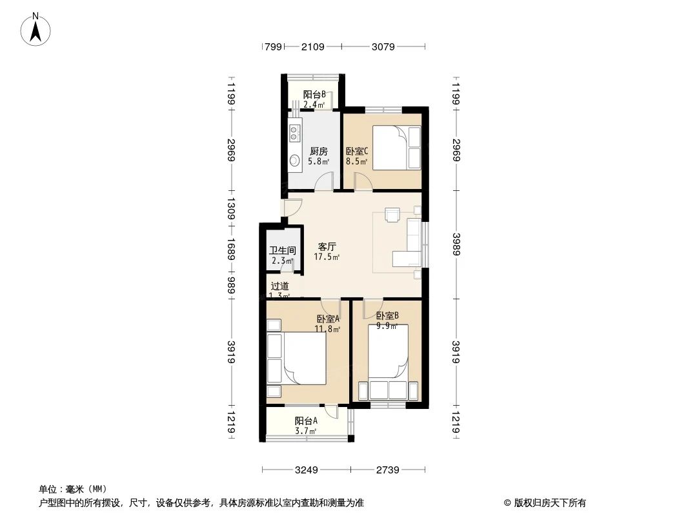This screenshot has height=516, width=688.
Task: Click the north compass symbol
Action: coord(36,29)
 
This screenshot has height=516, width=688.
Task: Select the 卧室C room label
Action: coord(356,152)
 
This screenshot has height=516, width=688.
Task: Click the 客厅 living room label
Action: coord(327,246)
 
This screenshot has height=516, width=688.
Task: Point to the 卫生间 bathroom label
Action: coord(282,251)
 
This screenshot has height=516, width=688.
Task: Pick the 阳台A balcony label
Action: coord(306,421)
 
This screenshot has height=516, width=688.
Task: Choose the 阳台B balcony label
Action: coord(314,94)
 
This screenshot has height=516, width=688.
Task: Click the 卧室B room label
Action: coord(387,316)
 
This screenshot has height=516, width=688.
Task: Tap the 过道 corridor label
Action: coord(279,286)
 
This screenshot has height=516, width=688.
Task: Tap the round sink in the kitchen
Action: coord(294,161)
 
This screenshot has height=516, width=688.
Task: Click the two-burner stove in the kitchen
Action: coord(294,134)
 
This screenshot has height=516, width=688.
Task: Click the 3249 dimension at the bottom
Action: coord(306,470)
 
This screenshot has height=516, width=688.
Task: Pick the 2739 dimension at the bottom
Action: coord(388,470)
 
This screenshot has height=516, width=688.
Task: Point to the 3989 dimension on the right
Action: coord(457,244)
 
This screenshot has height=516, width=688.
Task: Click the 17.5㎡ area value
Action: coord(327,257)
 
